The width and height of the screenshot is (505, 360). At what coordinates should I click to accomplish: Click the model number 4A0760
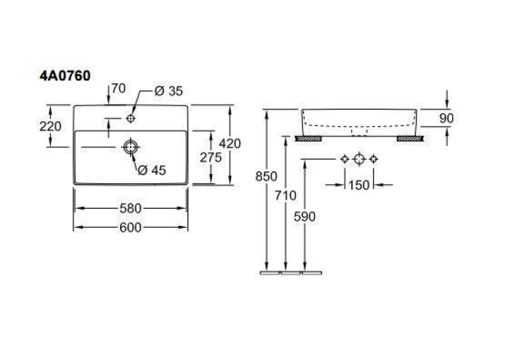coord(65,76)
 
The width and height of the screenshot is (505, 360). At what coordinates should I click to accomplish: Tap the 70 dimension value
coord(119,89)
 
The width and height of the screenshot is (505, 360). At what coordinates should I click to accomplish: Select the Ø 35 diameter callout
coord(169,91)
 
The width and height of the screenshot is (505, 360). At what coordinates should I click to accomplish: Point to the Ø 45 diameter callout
coord(152,170)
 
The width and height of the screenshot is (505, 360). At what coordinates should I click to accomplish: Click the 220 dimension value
coord(50,126)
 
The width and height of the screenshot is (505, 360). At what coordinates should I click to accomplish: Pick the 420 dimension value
coord(230,144)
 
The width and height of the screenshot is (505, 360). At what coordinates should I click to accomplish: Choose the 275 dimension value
coord(211,158)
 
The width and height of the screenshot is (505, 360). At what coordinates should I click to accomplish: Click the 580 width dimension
coord(131,209)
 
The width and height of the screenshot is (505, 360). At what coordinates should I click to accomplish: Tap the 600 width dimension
coord(131,227)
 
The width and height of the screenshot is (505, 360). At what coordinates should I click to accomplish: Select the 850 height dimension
coord(266,176)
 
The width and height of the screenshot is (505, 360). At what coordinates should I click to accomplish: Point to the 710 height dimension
coord(285,196)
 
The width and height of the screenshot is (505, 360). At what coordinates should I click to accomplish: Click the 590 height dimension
coord(304,217)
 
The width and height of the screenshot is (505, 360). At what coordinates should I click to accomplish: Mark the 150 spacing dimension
coord(359,185)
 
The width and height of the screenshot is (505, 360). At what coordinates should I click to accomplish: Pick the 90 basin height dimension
coord(446,118)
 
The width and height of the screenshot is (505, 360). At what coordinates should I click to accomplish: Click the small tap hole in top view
coord(131,119)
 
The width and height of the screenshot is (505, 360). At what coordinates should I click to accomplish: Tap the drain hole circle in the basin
coord(131,147)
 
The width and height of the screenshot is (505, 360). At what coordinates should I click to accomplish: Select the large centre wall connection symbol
coord(359,159)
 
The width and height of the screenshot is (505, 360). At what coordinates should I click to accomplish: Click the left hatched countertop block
coord(308,139)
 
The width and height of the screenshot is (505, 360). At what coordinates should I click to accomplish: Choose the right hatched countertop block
coord(411,139)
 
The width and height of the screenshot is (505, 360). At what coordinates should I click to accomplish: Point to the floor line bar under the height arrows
coord(291,273)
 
